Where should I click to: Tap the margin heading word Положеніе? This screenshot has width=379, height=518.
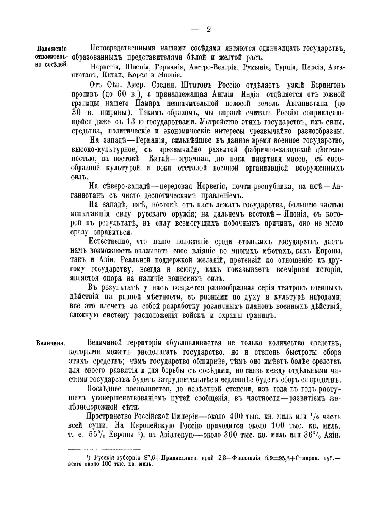tap(52, 49)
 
